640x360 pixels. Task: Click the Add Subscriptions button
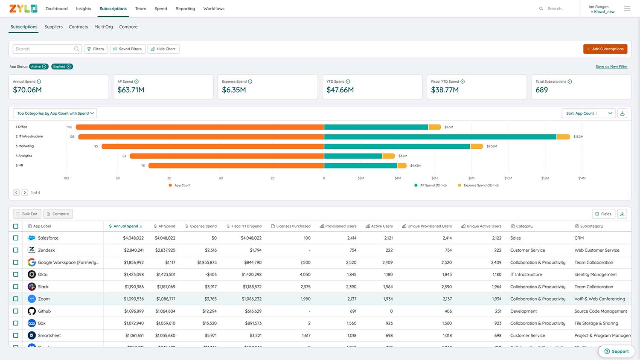click(x=605, y=49)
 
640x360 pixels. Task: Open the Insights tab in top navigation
click(x=84, y=9)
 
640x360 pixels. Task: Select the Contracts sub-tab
click(x=79, y=27)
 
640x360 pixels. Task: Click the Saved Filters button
click(x=128, y=49)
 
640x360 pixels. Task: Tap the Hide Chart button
click(x=163, y=49)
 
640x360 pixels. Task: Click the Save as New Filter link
click(x=611, y=67)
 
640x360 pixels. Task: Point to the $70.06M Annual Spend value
click(x=27, y=90)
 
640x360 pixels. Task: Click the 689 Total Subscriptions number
click(x=541, y=90)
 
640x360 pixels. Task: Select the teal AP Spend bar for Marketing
click(x=397, y=146)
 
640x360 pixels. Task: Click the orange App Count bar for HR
click(x=236, y=165)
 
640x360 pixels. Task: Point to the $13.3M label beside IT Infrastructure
click(x=578, y=137)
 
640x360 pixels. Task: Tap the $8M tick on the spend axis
click(x=471, y=178)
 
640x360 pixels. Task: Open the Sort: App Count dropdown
click(x=589, y=113)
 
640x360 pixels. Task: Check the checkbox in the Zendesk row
click(x=16, y=250)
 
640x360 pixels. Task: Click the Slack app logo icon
click(x=32, y=287)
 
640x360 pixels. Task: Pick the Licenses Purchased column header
click(x=293, y=226)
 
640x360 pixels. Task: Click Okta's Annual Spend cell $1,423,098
click(x=134, y=275)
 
